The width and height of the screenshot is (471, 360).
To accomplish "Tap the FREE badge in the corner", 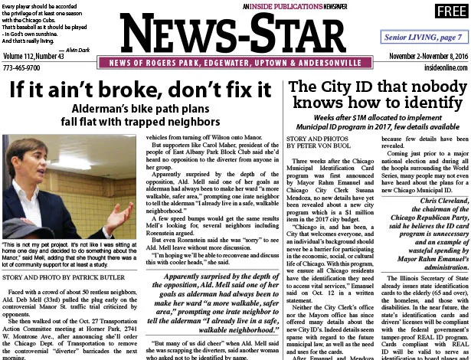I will tap(445, 11).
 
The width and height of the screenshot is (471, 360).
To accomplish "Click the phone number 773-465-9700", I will tap(23, 67).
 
